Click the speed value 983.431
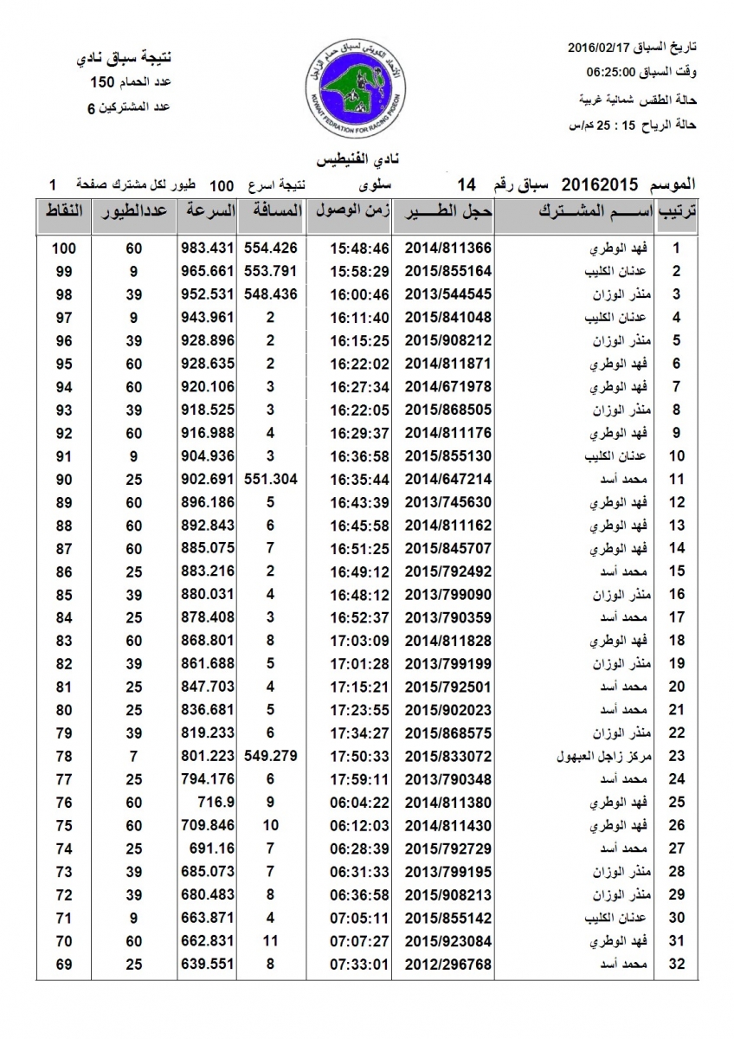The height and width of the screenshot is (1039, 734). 209,248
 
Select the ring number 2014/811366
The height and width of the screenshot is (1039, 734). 442,248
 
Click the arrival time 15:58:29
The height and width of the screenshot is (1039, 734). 359,270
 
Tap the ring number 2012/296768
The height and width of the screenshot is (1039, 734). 442,964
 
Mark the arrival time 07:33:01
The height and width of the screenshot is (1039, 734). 359,964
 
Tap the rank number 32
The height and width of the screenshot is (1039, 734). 677,964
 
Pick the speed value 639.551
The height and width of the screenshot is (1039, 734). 209,964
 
